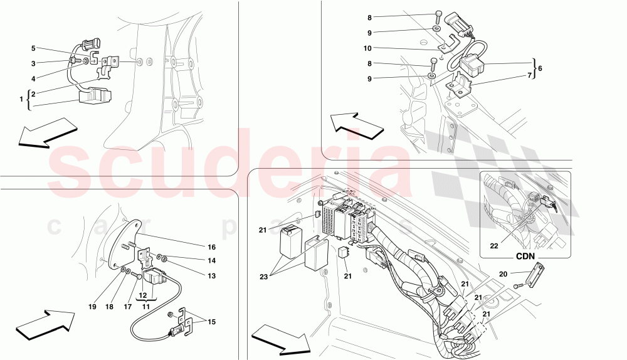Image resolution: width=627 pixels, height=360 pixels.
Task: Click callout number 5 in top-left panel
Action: pyautogui.click(x=34, y=48)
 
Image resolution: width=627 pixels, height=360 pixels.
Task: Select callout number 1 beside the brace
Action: pyautogui.click(x=21, y=99)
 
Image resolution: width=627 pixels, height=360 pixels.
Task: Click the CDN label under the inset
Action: pyautogui.click(x=525, y=256)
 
